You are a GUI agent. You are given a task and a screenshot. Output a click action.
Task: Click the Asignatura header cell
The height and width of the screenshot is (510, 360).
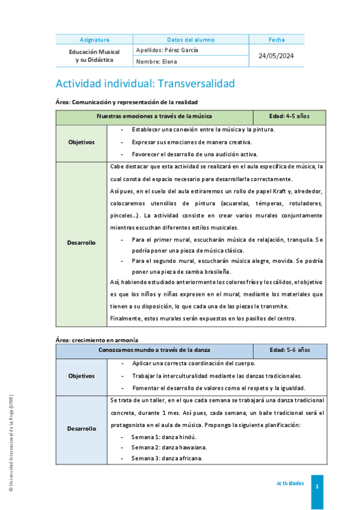pyautogui.click(x=94, y=40)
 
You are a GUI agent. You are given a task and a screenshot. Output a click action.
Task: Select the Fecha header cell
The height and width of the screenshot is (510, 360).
pyautogui.click(x=276, y=40)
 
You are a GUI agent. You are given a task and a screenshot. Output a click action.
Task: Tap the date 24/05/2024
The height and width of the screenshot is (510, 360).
pyautogui.click(x=276, y=55)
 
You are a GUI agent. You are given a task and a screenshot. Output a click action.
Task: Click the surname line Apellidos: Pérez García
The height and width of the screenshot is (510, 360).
pyautogui.click(x=167, y=51)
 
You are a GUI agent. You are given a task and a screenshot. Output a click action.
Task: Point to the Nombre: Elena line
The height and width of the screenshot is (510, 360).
pyautogui.click(x=157, y=61)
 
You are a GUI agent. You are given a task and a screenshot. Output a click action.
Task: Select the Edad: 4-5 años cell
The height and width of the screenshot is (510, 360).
pyautogui.click(x=290, y=116)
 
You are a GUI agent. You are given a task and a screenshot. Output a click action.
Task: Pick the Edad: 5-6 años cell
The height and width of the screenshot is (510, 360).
pyautogui.click(x=290, y=349)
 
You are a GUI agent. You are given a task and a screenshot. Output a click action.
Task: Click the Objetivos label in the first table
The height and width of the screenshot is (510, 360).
pyautogui.click(x=81, y=142)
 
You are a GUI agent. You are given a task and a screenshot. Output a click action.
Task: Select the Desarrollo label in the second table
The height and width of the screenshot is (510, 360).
pyautogui.click(x=81, y=429)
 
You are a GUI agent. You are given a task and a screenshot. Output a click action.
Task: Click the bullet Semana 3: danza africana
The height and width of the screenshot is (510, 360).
pyautogui.click(x=159, y=458)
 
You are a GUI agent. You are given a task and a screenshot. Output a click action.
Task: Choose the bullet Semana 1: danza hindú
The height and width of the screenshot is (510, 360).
pyautogui.click(x=155, y=437)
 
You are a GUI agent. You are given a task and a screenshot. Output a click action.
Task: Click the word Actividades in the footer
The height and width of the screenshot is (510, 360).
pyautogui.click(x=290, y=484)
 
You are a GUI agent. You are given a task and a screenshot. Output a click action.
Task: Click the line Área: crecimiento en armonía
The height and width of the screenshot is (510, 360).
pyautogui.click(x=97, y=340)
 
